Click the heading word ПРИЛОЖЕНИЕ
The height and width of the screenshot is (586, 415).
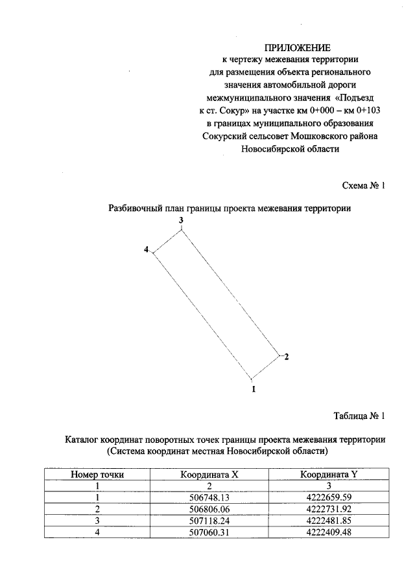(298, 47)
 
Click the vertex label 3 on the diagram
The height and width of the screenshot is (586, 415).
(182, 221)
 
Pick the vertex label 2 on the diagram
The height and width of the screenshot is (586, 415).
(285, 357)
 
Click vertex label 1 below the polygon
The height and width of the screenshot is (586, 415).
(254, 389)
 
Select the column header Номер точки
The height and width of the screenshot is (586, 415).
(97, 474)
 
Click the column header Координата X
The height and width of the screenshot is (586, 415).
(210, 474)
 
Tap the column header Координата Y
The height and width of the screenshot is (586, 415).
(329, 474)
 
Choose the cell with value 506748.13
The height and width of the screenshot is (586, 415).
(210, 497)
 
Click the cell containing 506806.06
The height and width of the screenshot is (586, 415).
(210, 509)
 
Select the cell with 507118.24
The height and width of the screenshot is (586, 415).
(210, 521)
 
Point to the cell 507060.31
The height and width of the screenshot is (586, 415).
(210, 532)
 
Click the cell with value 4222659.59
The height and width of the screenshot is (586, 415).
(329, 497)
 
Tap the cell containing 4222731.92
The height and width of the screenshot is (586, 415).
(329, 509)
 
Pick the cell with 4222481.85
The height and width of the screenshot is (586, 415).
(329, 521)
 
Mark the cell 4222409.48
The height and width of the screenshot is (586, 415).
(329, 532)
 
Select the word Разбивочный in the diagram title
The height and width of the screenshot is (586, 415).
(135, 208)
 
